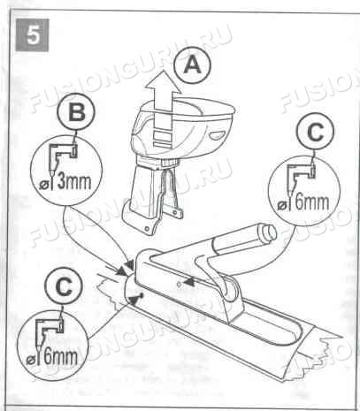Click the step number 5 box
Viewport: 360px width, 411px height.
tap(32, 35)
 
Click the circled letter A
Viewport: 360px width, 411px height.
tap(192, 65)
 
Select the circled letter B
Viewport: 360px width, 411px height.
tap(76, 112)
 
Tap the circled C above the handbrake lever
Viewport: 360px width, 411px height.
tap(315, 132)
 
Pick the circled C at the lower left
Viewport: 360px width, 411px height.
tap(64, 286)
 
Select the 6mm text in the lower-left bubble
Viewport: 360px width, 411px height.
tap(61, 355)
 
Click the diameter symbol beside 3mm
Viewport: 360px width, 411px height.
tap(43, 186)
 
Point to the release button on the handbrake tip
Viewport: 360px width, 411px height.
tap(268, 232)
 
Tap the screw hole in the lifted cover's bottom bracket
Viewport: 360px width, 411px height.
tap(145, 228)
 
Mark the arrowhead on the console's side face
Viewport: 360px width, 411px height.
tap(188, 282)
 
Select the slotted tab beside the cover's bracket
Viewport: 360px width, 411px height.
tap(173, 212)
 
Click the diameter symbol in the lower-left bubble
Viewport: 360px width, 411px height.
tap(30, 361)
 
